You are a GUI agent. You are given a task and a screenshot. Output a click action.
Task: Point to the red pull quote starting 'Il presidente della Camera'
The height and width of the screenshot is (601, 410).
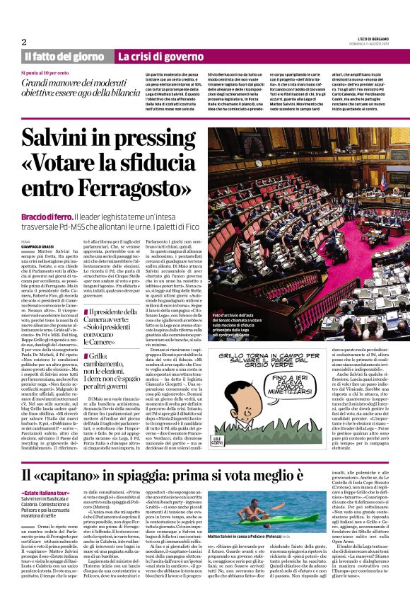click(112, 315)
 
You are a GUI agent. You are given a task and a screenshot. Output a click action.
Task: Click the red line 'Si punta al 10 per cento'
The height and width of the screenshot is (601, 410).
click(49, 73)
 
